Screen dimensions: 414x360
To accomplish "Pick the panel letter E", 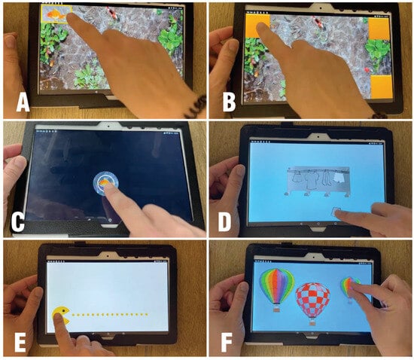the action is (20, 343).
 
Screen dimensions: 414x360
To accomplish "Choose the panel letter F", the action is (227, 343).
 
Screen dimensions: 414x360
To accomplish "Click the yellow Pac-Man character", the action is (61, 316).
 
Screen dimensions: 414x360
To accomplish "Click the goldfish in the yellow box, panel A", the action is (56, 14).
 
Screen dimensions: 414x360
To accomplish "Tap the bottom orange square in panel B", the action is (382, 88).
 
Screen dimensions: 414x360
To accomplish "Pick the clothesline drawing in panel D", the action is (318, 182).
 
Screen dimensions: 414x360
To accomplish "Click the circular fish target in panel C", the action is (105, 183).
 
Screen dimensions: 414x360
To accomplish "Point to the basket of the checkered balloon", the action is (312, 323).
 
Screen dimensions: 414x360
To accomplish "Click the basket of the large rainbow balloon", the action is (276, 309).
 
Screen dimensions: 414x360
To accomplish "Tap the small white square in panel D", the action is (336, 212).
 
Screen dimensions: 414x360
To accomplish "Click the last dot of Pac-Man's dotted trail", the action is (146, 315).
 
